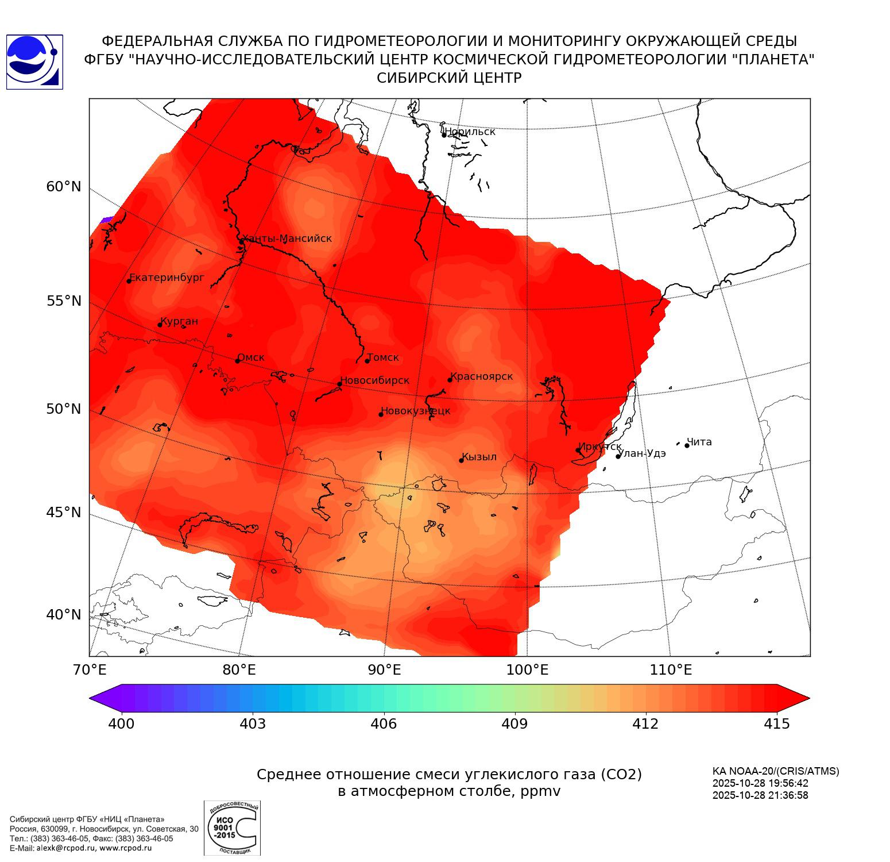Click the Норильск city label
(x=470, y=132)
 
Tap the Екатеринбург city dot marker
(x=129, y=281)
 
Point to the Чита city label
(x=699, y=442)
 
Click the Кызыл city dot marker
(x=461, y=460)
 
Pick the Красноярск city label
(x=481, y=376)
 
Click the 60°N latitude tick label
(x=64, y=187)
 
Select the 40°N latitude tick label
(x=64, y=615)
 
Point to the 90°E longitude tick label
(x=384, y=669)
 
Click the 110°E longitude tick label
(x=671, y=669)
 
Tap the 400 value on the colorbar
(x=121, y=724)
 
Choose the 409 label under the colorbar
(x=514, y=724)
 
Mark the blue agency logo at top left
(x=34, y=62)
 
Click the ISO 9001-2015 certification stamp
(x=232, y=828)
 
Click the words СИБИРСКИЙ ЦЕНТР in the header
(x=449, y=78)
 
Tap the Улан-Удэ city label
(x=642, y=453)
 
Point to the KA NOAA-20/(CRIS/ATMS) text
(x=776, y=771)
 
